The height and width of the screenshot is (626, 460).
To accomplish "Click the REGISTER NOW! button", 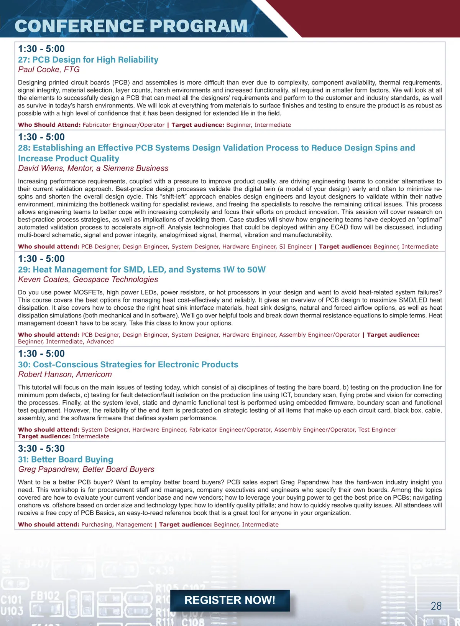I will tap(230, 600).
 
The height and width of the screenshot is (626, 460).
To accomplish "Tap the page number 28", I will tap(436, 606).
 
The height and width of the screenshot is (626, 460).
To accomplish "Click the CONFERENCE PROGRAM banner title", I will tap(131, 26).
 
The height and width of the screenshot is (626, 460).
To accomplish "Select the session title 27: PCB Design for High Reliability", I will tap(88, 59).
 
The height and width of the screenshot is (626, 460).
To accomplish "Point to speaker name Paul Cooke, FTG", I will tap(49, 69).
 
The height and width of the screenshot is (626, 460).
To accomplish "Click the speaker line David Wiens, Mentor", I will tap(93, 168).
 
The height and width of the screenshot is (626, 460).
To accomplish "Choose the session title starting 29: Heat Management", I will tap(141, 269).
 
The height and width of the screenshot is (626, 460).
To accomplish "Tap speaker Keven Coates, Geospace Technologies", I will tap(88, 279).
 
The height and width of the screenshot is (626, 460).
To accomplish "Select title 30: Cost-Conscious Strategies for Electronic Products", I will tap(128, 364).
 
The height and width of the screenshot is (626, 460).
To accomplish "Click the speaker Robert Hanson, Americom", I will tap(65, 374).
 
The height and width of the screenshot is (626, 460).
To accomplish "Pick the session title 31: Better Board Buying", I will tap(66, 459).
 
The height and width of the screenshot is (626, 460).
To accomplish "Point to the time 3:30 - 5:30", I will tap(41, 448).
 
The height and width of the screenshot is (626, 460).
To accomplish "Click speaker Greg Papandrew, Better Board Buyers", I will tap(86, 469).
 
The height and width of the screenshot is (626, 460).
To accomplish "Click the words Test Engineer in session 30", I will tap(377, 429).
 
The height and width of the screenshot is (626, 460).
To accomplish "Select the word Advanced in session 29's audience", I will tap(100, 341).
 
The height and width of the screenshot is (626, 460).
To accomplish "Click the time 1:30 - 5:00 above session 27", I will tap(41, 49).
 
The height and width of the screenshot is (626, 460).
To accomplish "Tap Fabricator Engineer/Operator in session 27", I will tap(123, 125).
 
